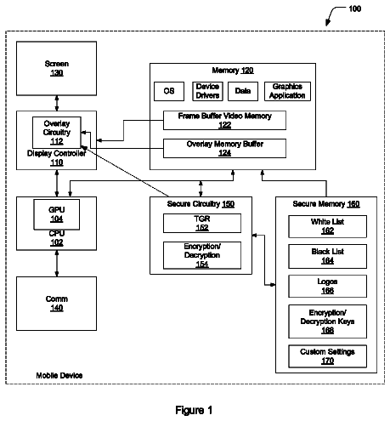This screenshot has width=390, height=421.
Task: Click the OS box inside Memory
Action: pos(169,91)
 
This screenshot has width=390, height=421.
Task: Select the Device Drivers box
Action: pos(207,91)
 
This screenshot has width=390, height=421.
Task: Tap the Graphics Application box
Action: pos(287,91)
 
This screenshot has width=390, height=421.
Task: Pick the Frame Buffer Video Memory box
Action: pos(224,121)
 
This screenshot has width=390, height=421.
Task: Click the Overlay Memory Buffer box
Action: pos(224,148)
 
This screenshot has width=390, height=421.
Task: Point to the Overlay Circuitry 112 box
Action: pos(57,133)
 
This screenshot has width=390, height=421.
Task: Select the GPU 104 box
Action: pos(57,214)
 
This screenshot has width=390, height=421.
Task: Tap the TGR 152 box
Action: pos(202,224)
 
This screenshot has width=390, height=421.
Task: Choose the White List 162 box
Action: pos(327,226)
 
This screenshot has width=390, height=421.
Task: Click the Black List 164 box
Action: pos(327,256)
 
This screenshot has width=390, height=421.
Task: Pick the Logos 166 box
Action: pos(327,286)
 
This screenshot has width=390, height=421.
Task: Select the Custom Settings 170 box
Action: pos(327,356)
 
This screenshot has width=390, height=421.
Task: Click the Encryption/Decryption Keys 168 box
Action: pos(327,321)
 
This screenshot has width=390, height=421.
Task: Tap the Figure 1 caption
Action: pos(194,410)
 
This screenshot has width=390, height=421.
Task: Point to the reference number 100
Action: pos(355,9)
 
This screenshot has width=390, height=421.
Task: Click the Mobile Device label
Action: pos(59,375)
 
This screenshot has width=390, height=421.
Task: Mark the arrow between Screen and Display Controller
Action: pos(57,103)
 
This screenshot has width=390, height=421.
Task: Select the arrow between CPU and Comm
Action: pos(57,264)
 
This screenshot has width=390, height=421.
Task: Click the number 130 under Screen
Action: pos(57,73)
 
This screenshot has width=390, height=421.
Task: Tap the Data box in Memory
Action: pos(243,91)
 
